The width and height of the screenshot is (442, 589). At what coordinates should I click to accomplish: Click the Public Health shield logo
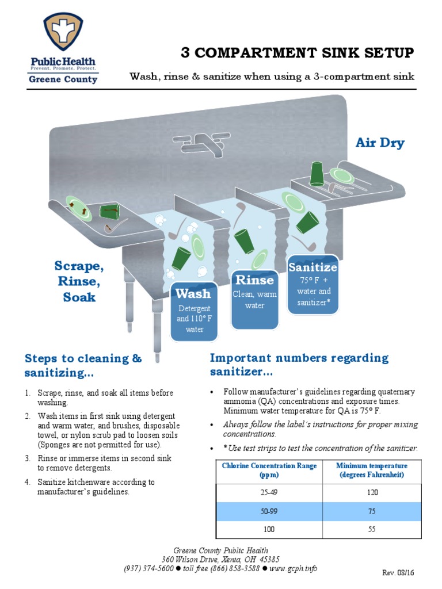point(63,32)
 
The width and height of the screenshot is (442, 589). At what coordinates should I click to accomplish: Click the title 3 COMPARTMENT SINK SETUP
point(297,53)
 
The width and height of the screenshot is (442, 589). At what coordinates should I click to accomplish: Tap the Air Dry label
point(380,143)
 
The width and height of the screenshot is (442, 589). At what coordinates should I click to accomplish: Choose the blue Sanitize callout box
point(313,284)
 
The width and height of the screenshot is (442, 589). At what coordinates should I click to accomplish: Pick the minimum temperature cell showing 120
point(371,492)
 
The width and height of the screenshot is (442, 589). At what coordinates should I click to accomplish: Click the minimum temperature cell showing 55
point(371,529)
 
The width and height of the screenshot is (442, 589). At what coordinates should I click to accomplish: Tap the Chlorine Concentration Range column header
point(269,471)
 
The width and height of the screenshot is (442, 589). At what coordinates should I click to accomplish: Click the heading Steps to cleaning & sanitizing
point(83,366)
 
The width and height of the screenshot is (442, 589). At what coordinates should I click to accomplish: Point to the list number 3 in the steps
point(27,458)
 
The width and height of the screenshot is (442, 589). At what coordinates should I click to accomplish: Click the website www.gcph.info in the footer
point(294,568)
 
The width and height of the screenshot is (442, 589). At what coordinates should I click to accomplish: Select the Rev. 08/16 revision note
point(398,573)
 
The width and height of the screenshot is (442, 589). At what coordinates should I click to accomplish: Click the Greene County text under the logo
point(63,79)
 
